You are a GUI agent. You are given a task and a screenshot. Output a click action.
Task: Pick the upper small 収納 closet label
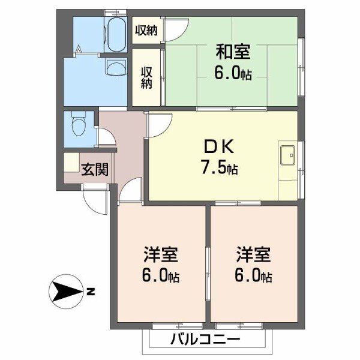click(146, 30)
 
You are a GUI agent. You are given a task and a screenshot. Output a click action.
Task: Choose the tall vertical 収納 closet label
click(146, 76)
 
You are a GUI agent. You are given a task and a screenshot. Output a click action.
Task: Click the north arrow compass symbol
click(64, 293)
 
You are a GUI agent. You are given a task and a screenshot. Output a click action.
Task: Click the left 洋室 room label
click(160, 256)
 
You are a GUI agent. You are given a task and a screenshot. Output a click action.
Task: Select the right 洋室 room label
click(253, 256)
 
